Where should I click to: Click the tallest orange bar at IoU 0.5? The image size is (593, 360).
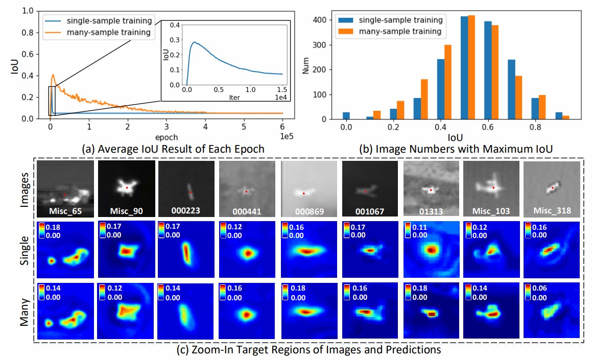point(472,67)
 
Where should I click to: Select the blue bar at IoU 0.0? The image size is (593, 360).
point(346,116)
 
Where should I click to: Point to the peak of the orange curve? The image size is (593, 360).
point(53,75)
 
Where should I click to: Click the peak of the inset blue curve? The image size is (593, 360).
point(194,42)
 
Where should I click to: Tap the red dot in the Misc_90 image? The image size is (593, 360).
point(127,188)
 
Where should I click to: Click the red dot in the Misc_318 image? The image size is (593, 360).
point(553,188)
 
